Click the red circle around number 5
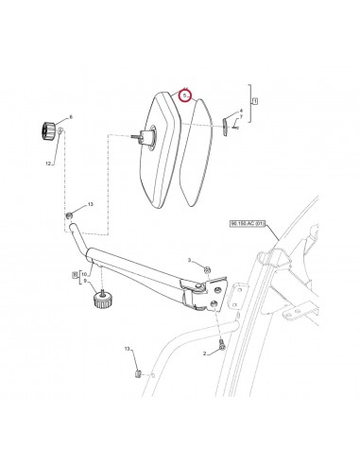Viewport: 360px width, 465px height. tap(187, 95)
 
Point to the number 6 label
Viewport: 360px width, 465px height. tap(70, 116)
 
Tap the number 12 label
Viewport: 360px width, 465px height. tap(49, 163)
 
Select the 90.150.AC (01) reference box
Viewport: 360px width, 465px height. tap(249, 224)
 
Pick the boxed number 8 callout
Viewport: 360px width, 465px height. tap(76, 273)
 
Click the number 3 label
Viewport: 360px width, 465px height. tap(189, 259)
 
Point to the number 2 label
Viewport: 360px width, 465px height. tap(203, 353)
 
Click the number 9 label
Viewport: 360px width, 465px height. tap(84, 281)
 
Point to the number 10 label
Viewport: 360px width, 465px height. tap(85, 273)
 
